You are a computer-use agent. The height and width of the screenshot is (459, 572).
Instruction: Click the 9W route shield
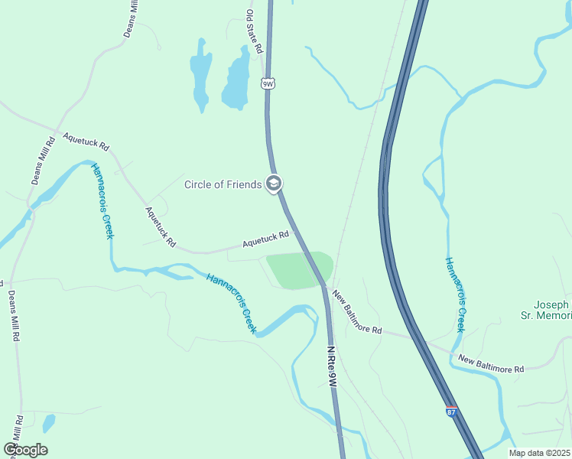click(267, 83)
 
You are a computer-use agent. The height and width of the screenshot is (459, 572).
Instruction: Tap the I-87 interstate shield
click(451, 412)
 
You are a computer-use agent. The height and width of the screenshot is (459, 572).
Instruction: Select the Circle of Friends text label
click(223, 184)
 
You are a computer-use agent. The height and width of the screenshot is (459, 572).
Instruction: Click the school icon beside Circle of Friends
click(274, 184)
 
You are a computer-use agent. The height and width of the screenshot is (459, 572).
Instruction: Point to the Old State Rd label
click(254, 31)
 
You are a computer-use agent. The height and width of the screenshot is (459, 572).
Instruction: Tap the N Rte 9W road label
click(332, 369)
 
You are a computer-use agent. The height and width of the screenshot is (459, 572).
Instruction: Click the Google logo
click(25, 449)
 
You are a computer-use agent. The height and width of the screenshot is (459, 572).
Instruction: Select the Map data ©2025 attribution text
click(539, 453)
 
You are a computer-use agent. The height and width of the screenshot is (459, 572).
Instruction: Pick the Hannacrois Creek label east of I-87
click(455, 295)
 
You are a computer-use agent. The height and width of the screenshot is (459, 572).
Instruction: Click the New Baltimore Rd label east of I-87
click(491, 363)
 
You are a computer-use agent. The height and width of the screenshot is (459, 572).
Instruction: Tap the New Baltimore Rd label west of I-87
click(356, 314)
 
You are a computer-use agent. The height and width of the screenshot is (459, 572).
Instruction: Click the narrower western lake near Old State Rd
click(200, 75)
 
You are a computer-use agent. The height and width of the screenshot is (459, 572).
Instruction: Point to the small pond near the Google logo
click(49, 422)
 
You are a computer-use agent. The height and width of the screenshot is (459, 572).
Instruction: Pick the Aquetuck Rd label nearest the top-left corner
click(86, 142)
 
